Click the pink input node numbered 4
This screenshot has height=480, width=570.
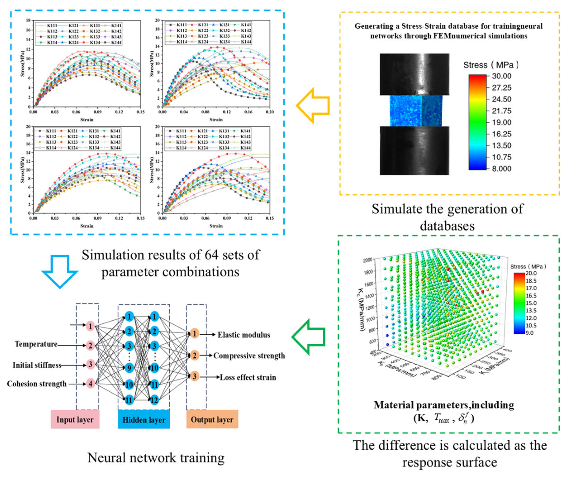click(x=90, y=384)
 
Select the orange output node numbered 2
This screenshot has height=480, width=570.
click(x=194, y=355)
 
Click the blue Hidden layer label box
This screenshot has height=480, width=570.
click(x=144, y=419)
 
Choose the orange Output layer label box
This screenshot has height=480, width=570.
click(x=212, y=419)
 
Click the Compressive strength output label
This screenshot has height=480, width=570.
click(x=249, y=356)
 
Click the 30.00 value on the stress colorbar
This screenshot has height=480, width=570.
click(x=501, y=76)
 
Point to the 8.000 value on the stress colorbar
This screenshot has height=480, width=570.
click(x=501, y=169)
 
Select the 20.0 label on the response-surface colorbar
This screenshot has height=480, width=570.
click(x=531, y=273)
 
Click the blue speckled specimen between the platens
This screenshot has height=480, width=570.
click(x=416, y=111)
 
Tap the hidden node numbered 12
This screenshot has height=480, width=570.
click(x=154, y=400)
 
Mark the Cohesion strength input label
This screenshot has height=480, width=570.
click(x=37, y=384)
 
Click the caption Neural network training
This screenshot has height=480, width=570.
click(x=156, y=458)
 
